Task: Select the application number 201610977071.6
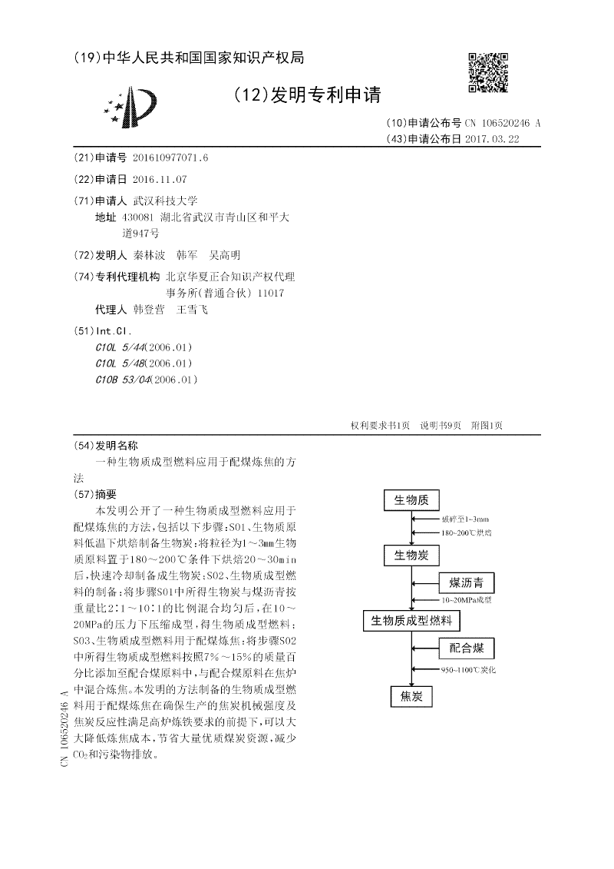pos(170,158)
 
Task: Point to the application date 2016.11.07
pos(160,179)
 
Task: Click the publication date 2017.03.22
pos(497,139)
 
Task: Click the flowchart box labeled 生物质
pos(411,500)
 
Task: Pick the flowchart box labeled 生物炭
pos(411,555)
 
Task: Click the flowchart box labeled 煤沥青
pos(466,582)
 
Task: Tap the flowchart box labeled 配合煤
pos(466,648)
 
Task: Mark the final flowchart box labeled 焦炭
pos(411,696)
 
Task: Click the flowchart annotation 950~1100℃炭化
pos(468,670)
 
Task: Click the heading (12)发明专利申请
pos(306,95)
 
